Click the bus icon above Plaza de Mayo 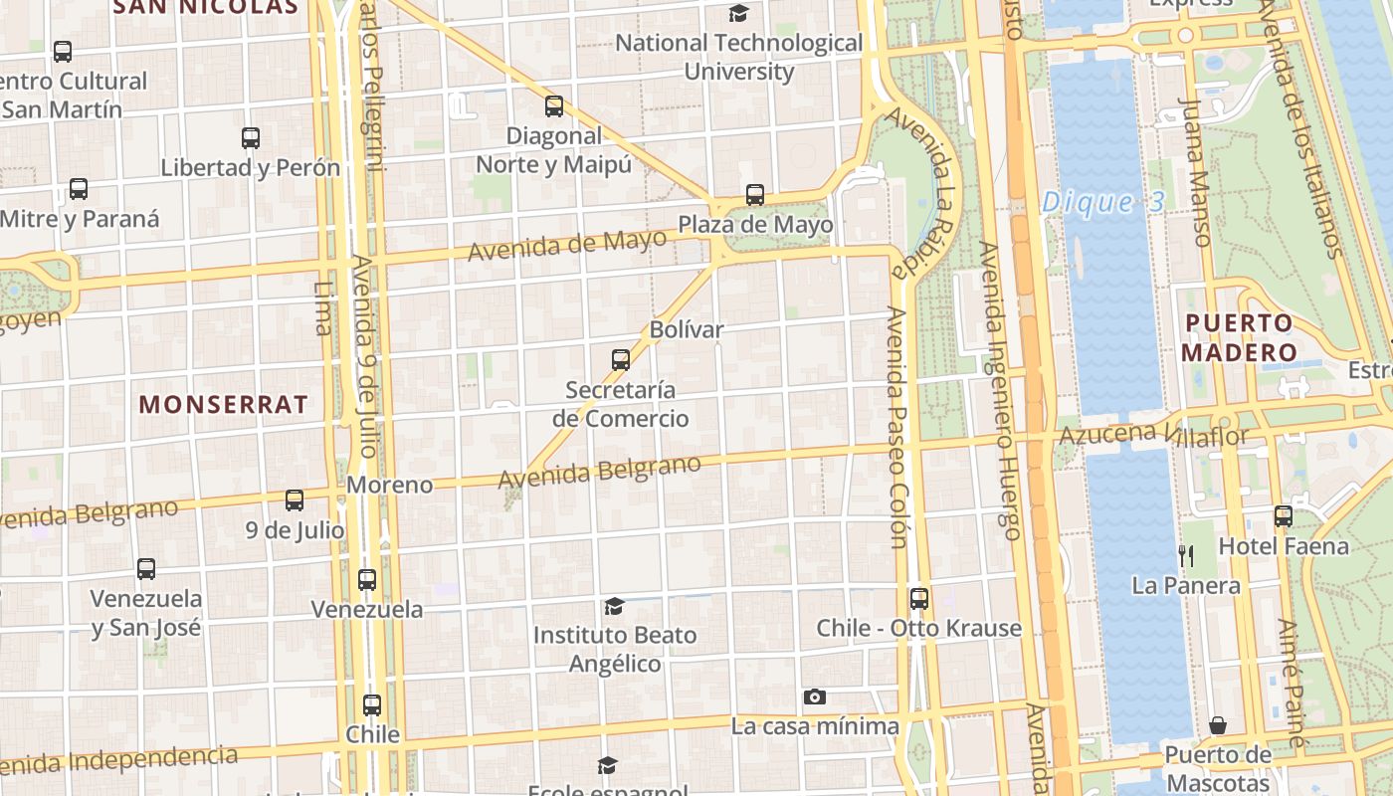(x=755, y=195)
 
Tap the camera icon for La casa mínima (x=815, y=696)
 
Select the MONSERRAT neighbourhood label (x=223, y=404)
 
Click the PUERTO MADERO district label (x=1240, y=338)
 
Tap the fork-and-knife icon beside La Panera (x=1185, y=555)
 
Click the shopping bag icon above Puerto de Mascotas (x=1218, y=725)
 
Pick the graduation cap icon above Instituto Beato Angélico (x=614, y=606)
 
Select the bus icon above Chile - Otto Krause (x=919, y=599)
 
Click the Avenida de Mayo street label (x=567, y=244)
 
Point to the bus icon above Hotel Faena (x=1284, y=516)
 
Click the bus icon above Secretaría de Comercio (x=621, y=359)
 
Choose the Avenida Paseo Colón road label (x=897, y=428)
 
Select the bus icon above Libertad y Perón (x=251, y=138)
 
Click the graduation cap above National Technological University (x=738, y=14)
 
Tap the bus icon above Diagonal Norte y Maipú (x=554, y=106)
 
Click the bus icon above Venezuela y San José (x=146, y=569)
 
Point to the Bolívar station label (x=687, y=329)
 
